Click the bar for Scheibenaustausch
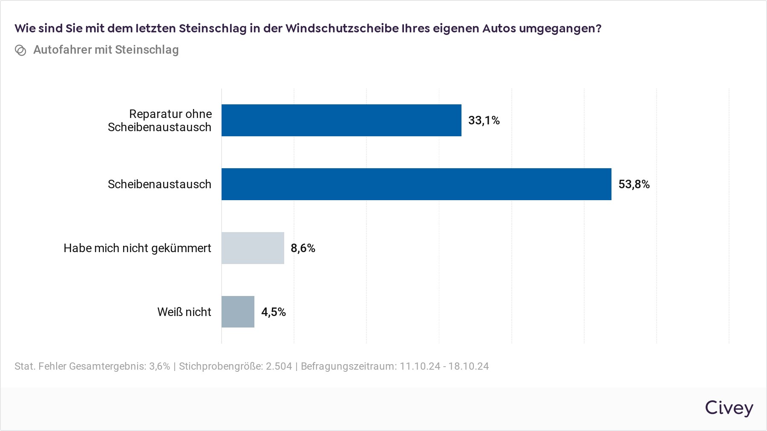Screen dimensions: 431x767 coord(416,184)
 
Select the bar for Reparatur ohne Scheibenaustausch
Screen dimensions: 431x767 coord(341,120)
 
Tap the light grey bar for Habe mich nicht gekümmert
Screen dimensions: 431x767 coord(253,248)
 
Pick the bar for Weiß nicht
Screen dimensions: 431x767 coord(238,312)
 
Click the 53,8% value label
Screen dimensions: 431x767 coord(634,184)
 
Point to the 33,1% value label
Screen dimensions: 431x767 coord(484,121)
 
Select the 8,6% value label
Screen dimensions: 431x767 coord(303,248)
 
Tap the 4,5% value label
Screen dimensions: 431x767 coord(274,312)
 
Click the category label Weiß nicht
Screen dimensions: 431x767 coord(184,312)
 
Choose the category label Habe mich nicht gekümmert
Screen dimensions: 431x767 coord(137,248)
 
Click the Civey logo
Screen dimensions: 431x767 coord(729,408)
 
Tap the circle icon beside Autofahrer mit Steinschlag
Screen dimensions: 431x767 coord(20,50)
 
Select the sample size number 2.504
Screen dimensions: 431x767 coord(279,366)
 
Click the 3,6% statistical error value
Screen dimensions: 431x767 coord(159,366)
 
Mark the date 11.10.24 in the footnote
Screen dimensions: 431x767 coord(420,366)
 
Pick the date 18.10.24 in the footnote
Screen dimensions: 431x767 coord(468,366)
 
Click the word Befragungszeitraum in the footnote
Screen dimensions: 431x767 coord(348,366)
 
